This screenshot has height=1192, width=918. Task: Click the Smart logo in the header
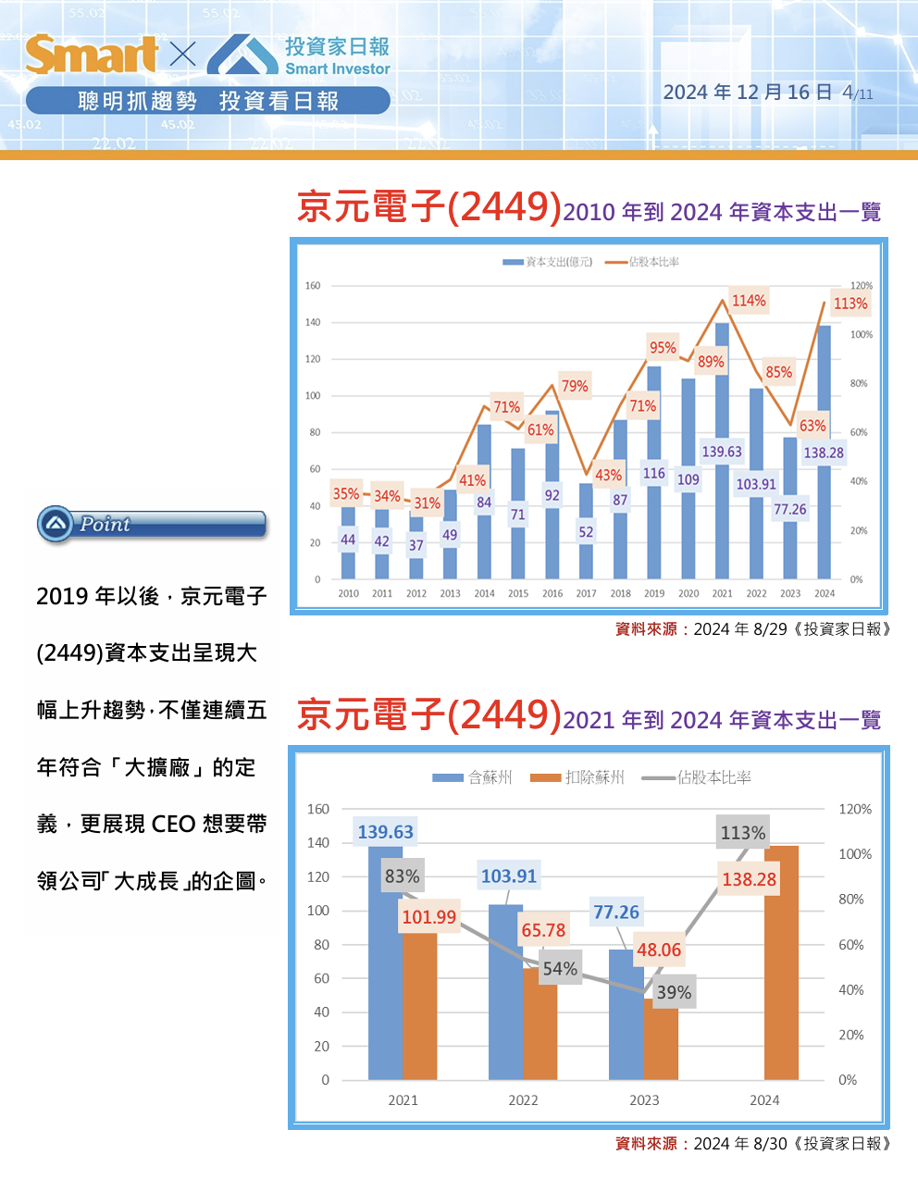(x=92, y=55)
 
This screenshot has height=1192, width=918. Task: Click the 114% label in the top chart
(x=749, y=301)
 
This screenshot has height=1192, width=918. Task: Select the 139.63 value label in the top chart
(x=722, y=452)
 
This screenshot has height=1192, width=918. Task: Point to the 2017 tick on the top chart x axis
(x=586, y=593)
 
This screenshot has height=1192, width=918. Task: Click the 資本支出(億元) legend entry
(x=548, y=262)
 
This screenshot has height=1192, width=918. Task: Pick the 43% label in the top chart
(x=608, y=475)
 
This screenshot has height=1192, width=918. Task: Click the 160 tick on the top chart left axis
(x=313, y=285)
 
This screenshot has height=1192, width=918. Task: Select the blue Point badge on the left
(x=152, y=524)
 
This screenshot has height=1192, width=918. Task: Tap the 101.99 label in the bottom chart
(x=429, y=917)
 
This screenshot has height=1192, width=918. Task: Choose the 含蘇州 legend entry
(x=472, y=777)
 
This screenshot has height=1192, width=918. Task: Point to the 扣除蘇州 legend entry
(x=577, y=777)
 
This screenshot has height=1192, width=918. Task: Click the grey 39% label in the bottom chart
(x=674, y=992)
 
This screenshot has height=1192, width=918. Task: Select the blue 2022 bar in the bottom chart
(x=505, y=1000)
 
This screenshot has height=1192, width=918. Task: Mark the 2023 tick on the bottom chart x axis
(x=644, y=1100)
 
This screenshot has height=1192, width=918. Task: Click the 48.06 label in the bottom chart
(x=659, y=950)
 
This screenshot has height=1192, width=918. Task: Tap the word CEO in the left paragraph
(x=173, y=824)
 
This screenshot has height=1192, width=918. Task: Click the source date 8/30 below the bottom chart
(x=770, y=1144)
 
